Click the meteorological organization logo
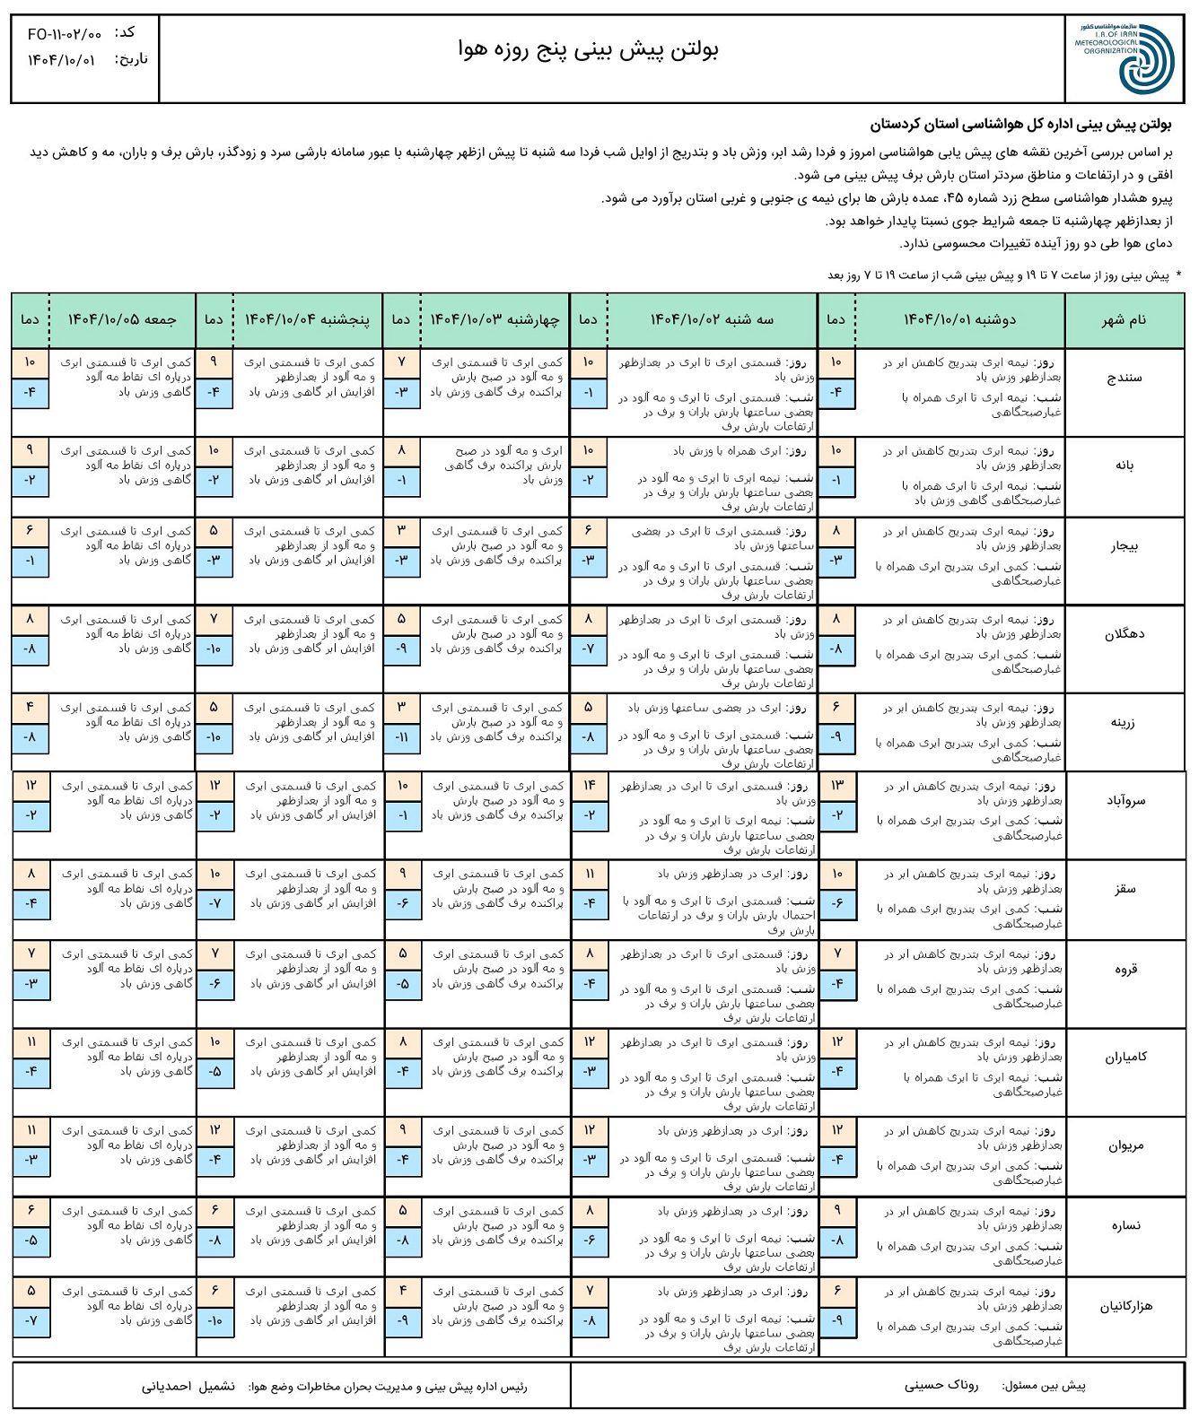pos(1125,58)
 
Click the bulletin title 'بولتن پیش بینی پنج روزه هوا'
pos(588,49)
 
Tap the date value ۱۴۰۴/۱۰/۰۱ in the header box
pos(61,60)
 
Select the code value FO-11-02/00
pos(65,34)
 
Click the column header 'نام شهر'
pos(1124,320)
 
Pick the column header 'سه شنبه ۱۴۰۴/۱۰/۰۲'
pos(712,320)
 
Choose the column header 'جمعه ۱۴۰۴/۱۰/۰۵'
pos(122,320)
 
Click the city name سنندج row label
pos(1124,378)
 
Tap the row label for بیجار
pos(1124,546)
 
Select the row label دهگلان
pos(1124,634)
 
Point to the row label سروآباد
pos(1125,801)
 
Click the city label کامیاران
pos(1125,1058)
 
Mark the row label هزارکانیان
pos(1125,1307)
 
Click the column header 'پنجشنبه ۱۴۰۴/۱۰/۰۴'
pos(307,320)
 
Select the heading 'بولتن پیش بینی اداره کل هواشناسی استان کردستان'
pos(1020,124)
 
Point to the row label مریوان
pos(1125,1145)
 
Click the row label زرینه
pos(1124,722)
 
